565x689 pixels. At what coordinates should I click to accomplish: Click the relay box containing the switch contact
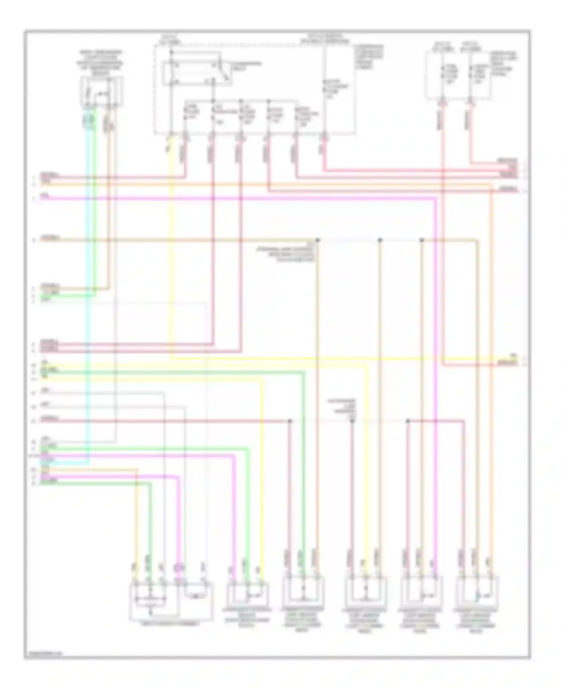pos(196,73)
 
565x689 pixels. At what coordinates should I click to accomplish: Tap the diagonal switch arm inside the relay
pos(223,72)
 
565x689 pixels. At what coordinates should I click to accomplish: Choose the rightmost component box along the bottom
pos(477,593)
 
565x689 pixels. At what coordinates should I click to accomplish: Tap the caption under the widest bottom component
pos(171,624)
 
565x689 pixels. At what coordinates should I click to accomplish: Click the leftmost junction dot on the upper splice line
pos(318,240)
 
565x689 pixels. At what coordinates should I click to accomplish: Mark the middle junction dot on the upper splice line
pos(380,240)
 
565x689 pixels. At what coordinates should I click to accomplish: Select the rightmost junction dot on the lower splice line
pos(408,421)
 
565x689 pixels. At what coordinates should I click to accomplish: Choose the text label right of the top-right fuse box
pos(505,62)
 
